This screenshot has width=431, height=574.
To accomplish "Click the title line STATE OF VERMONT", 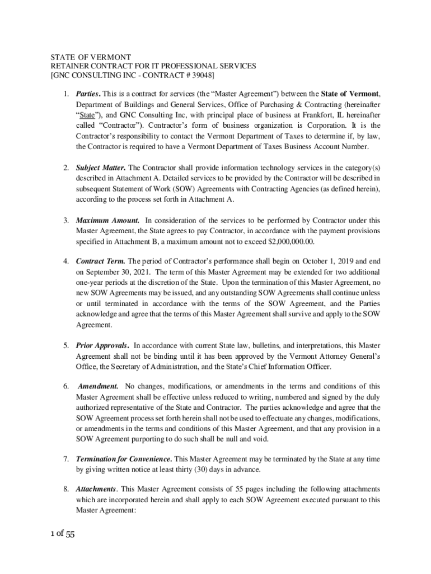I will point(91,57).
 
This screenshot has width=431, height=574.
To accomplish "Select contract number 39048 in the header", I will point(202,75).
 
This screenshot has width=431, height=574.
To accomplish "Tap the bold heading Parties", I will point(90,94).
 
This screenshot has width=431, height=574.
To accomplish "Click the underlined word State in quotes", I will point(87,115).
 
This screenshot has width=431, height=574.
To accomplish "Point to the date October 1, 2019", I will point(318,261).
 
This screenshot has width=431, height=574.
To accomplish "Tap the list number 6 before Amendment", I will point(65,386).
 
